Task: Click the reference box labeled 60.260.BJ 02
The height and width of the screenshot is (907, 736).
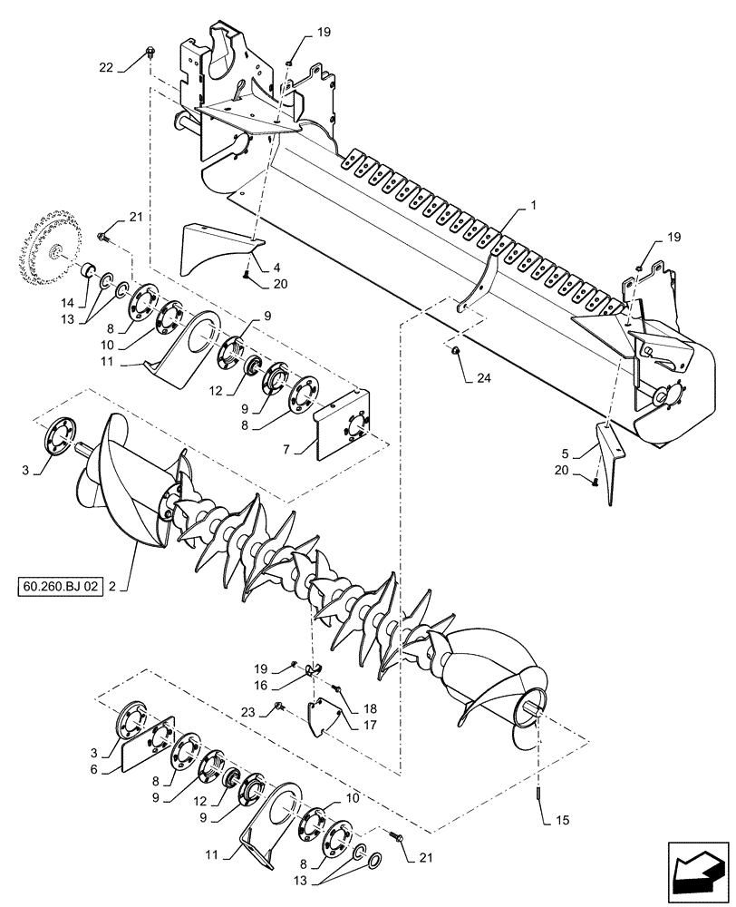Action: [62, 587]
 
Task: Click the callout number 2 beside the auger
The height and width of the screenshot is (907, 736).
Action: [112, 587]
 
